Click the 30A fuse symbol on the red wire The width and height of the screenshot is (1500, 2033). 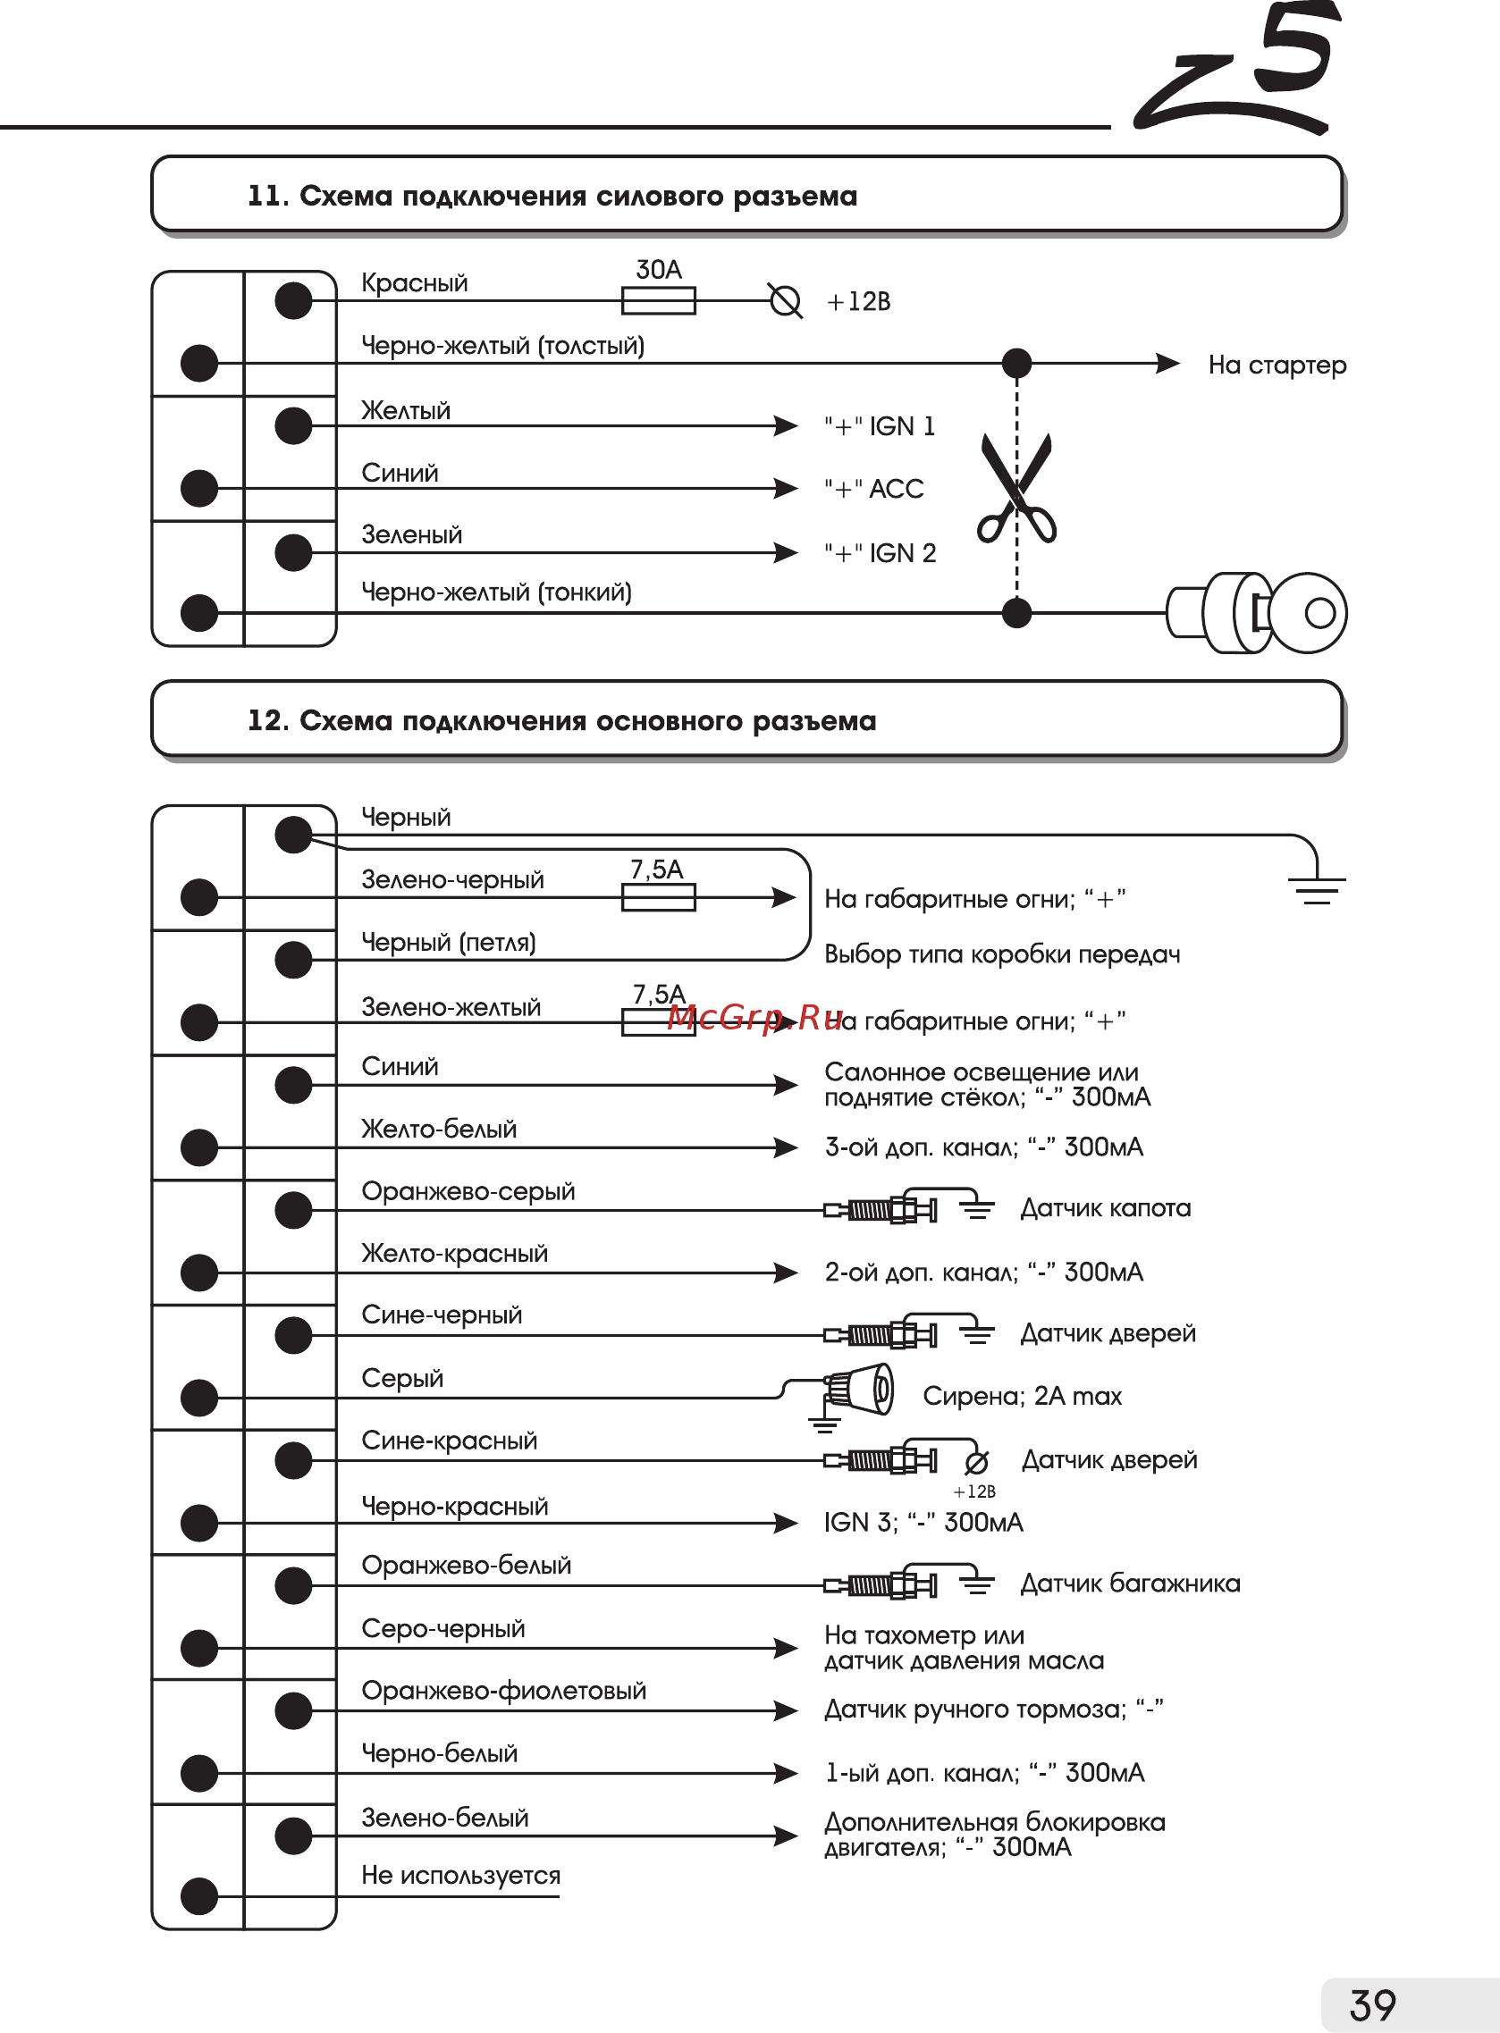tap(658, 300)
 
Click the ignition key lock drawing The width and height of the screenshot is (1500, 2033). tap(1258, 613)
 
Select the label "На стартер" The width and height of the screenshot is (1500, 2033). tap(1277, 365)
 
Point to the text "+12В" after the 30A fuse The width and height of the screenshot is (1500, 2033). tap(858, 301)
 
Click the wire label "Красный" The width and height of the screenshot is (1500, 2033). tap(414, 282)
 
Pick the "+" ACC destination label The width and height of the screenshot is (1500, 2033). tap(873, 489)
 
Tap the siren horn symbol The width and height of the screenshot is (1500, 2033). tap(859, 1391)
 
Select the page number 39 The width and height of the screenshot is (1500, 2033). tap(1372, 2004)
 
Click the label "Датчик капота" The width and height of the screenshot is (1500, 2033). tap(1105, 1208)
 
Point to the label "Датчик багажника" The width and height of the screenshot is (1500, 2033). tap(1130, 1584)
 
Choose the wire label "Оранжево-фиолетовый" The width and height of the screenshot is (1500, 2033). tap(503, 1690)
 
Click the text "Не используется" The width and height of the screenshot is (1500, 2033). tap(460, 1875)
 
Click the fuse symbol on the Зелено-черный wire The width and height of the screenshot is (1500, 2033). tap(658, 897)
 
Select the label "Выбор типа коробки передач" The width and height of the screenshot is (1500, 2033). tap(1002, 954)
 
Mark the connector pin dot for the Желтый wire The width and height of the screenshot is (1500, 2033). tap(293, 425)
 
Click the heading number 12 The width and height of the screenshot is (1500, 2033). tap(267, 720)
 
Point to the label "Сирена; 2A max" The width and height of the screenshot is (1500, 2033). tap(1023, 1396)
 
